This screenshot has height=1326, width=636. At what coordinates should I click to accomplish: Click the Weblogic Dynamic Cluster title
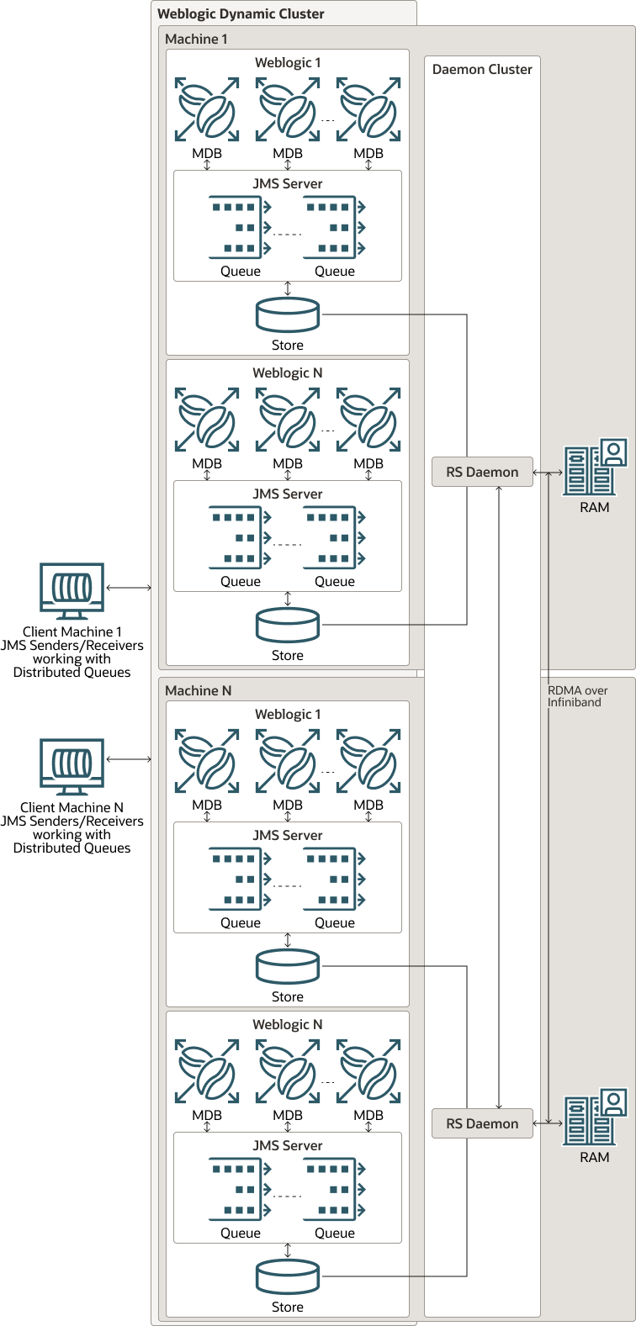241,13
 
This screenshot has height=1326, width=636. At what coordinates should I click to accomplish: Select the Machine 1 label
196,39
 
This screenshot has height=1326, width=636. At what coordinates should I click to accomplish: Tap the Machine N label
198,690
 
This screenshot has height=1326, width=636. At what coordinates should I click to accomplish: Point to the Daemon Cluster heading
482,69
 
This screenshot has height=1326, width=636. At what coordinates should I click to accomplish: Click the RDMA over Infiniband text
577,696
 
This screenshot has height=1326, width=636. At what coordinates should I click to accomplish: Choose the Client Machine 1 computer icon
72,590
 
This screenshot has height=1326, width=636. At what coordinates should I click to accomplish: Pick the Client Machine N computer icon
72,766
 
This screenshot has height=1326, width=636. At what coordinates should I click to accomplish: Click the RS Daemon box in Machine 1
482,472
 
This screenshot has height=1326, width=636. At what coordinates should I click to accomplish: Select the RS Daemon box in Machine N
482,1123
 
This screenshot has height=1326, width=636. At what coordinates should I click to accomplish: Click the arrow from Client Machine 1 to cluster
129,588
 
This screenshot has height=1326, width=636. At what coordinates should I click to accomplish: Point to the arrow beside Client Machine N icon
129,759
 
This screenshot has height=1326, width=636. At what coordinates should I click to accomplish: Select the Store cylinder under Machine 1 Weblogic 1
288,315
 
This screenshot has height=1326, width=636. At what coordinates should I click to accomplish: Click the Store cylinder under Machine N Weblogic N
288,1276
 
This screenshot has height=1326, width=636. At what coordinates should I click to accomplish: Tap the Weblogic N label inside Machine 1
288,372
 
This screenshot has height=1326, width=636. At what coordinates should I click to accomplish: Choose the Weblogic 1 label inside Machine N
288,714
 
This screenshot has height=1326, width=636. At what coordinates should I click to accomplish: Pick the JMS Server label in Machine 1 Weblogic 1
288,183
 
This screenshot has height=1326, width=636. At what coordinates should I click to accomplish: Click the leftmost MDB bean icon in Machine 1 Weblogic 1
207,110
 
